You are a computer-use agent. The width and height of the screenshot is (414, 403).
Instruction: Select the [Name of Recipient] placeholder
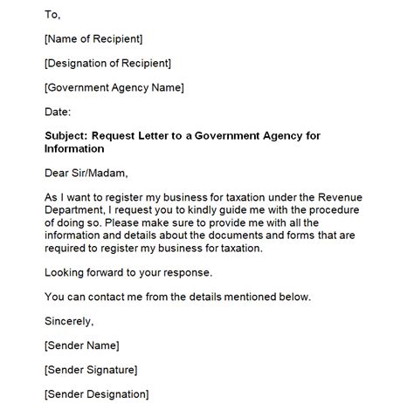click(x=93, y=38)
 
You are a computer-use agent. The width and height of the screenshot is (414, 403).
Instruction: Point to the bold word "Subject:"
click(x=67, y=136)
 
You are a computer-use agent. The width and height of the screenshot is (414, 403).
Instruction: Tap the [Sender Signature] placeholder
click(x=95, y=370)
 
